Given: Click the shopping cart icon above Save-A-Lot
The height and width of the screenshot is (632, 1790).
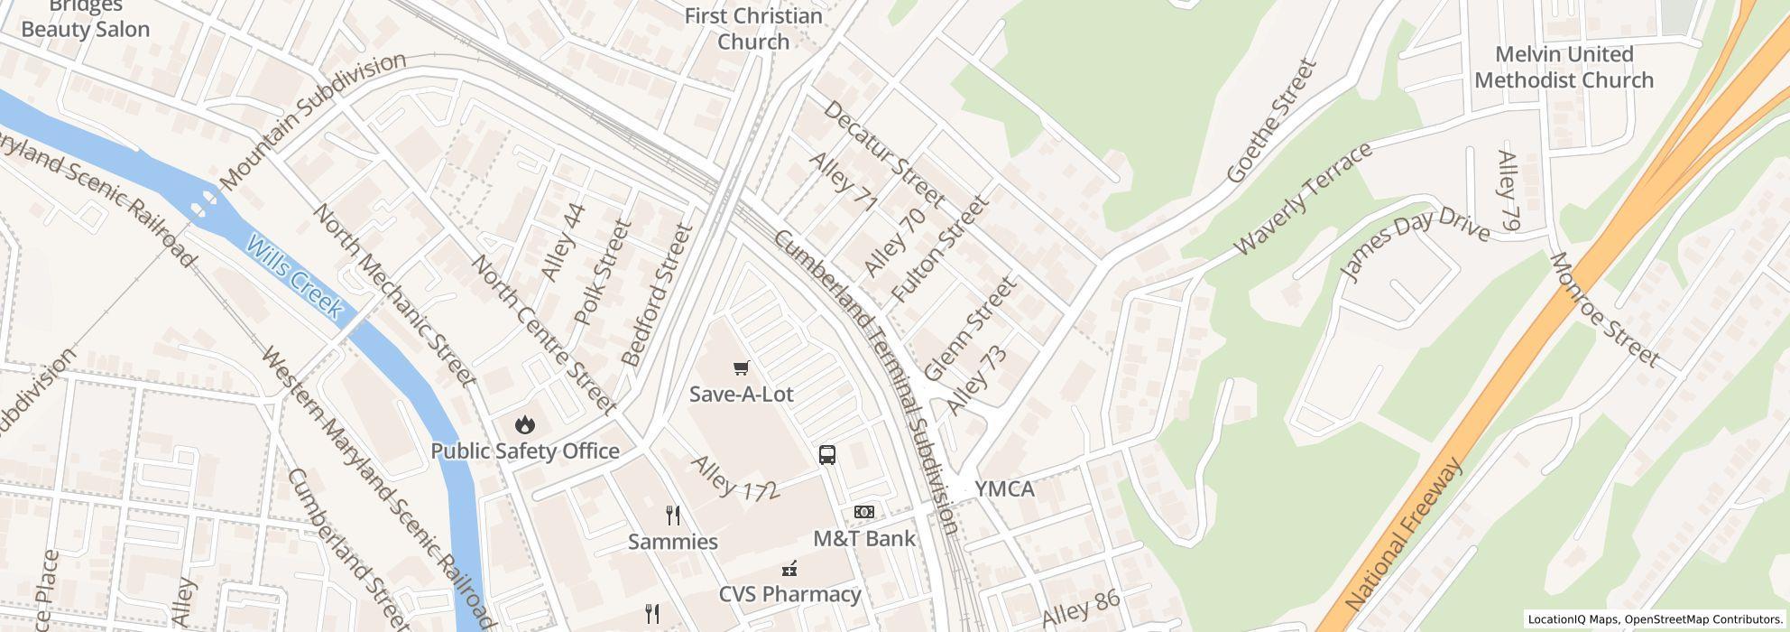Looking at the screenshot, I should [x=741, y=367].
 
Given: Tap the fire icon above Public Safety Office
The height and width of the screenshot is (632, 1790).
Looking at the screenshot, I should [x=524, y=424].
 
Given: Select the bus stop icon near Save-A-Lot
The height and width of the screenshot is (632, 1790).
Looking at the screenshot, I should [x=827, y=455].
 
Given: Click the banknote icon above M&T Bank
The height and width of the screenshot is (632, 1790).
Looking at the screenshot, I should [x=863, y=513].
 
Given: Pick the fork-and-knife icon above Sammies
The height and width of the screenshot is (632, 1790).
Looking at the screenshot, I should [x=672, y=516].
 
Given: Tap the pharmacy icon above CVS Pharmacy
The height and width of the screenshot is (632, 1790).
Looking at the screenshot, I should [x=789, y=569].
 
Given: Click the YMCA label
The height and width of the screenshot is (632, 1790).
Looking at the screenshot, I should [x=1003, y=489].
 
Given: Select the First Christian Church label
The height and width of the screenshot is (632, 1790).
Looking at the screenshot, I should [x=753, y=29].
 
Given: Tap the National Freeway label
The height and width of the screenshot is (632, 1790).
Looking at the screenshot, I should [x=1403, y=534].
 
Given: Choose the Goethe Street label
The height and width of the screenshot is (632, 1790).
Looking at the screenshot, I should [x=1273, y=122].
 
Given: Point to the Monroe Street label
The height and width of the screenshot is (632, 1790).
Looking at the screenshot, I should [x=1604, y=310].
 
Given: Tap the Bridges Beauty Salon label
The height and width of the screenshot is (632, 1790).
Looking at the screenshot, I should [x=86, y=18].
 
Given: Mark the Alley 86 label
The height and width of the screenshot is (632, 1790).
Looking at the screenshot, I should [x=1080, y=609].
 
